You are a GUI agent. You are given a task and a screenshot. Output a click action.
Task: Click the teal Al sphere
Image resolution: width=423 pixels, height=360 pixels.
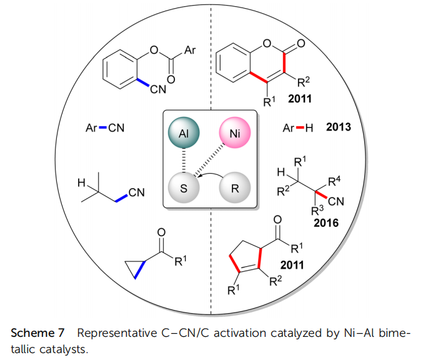coord(184,133)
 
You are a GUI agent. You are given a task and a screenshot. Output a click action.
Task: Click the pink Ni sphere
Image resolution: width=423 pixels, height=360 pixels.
coord(235,133)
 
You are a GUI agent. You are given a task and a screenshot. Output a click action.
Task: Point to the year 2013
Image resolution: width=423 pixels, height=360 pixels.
coord(338,128)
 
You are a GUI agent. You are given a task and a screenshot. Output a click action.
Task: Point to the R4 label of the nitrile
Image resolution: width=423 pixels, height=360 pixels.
coord(334,182)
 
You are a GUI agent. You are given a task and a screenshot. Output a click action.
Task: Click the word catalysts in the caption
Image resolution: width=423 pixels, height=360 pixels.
coord(65,347)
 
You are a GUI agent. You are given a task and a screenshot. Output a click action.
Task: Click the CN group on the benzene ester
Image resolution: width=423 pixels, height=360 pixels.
coord(158,89)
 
